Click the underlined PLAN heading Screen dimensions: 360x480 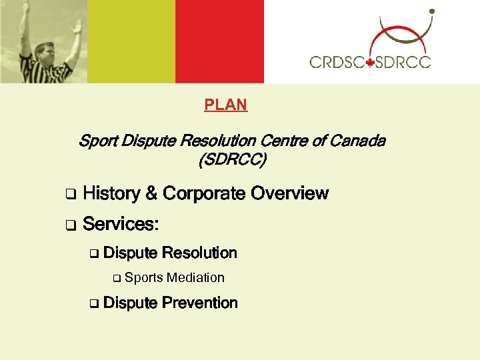225,105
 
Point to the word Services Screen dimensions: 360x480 119,224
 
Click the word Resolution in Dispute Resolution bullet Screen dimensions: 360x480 199,253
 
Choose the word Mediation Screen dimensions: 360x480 195,278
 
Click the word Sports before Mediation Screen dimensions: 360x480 143,278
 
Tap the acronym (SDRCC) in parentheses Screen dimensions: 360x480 231,160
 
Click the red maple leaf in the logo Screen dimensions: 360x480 370,62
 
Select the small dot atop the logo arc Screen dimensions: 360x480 431,11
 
